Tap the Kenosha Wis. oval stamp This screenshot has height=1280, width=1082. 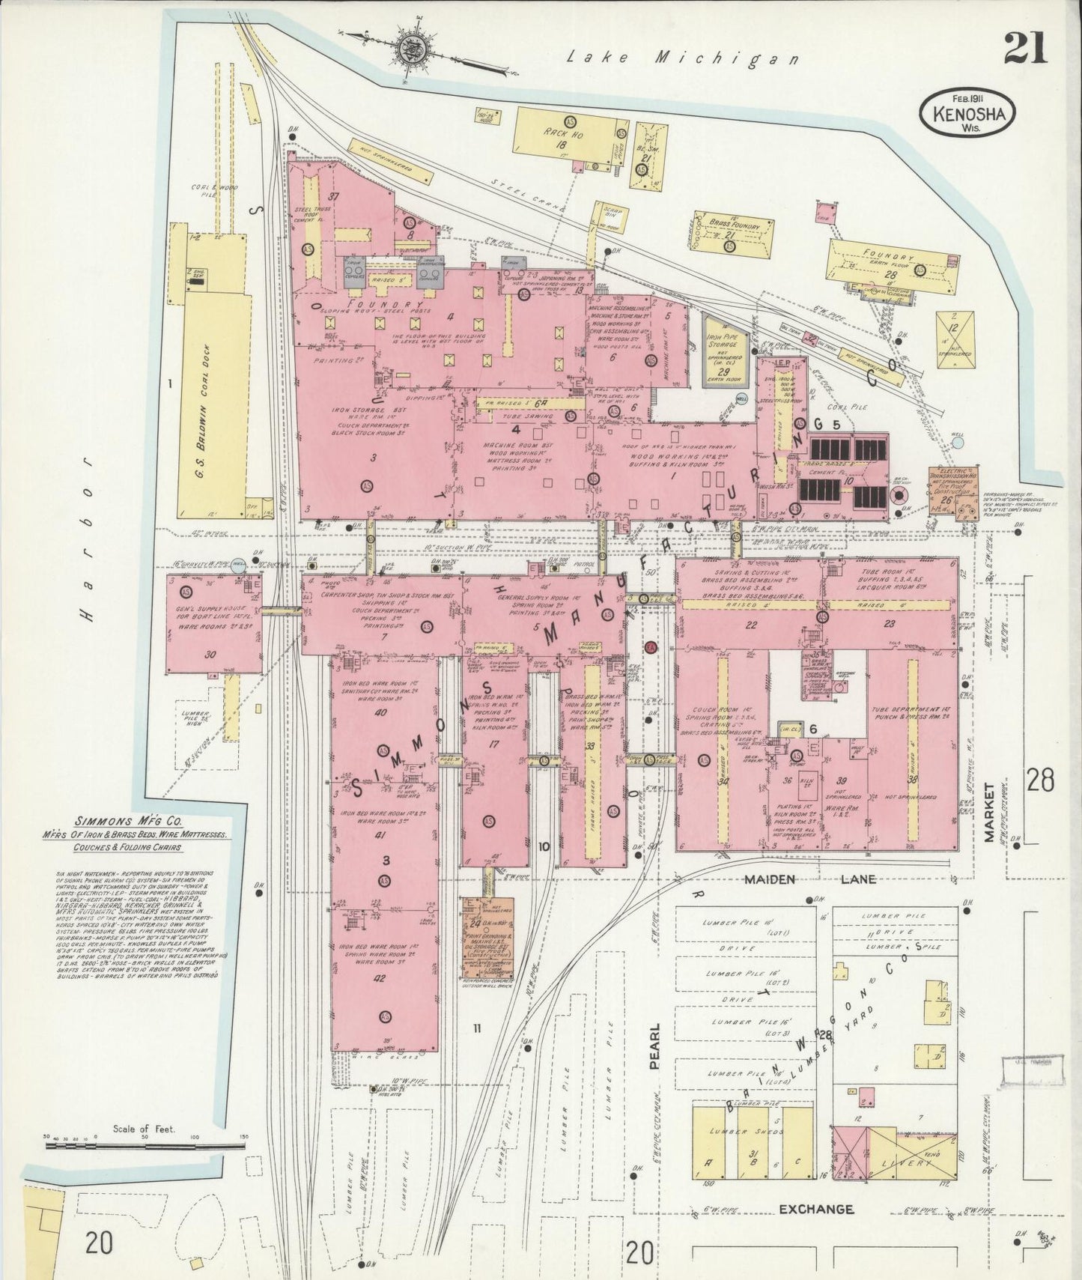(x=967, y=112)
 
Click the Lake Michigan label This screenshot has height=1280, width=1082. (x=682, y=58)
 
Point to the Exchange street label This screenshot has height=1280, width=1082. (x=815, y=1209)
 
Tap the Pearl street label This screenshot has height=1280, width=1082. (x=655, y=1046)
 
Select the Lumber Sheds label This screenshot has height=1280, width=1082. (x=738, y=1131)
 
